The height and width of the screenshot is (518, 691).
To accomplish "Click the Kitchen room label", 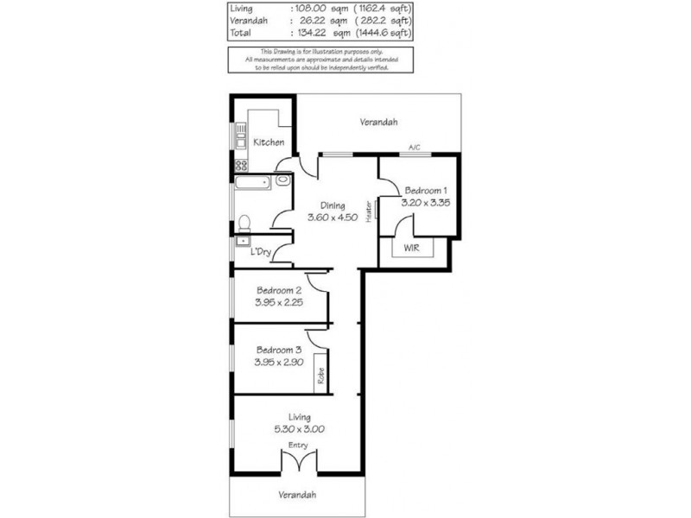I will click(269, 142).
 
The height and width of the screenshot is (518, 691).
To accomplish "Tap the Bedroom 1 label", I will click(426, 190).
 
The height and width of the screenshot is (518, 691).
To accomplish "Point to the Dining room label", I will click(333, 205).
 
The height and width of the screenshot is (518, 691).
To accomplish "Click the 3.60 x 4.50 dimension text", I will click(333, 218).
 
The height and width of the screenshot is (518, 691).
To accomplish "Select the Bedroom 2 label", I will click(278, 292).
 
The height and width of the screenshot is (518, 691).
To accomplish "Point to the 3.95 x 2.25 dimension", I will click(278, 304).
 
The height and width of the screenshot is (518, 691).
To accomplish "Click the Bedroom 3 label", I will click(278, 350).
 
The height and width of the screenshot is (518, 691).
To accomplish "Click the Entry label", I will click(298, 445).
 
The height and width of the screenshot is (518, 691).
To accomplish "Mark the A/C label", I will click(414, 148).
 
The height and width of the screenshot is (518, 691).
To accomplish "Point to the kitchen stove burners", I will click(241, 163).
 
